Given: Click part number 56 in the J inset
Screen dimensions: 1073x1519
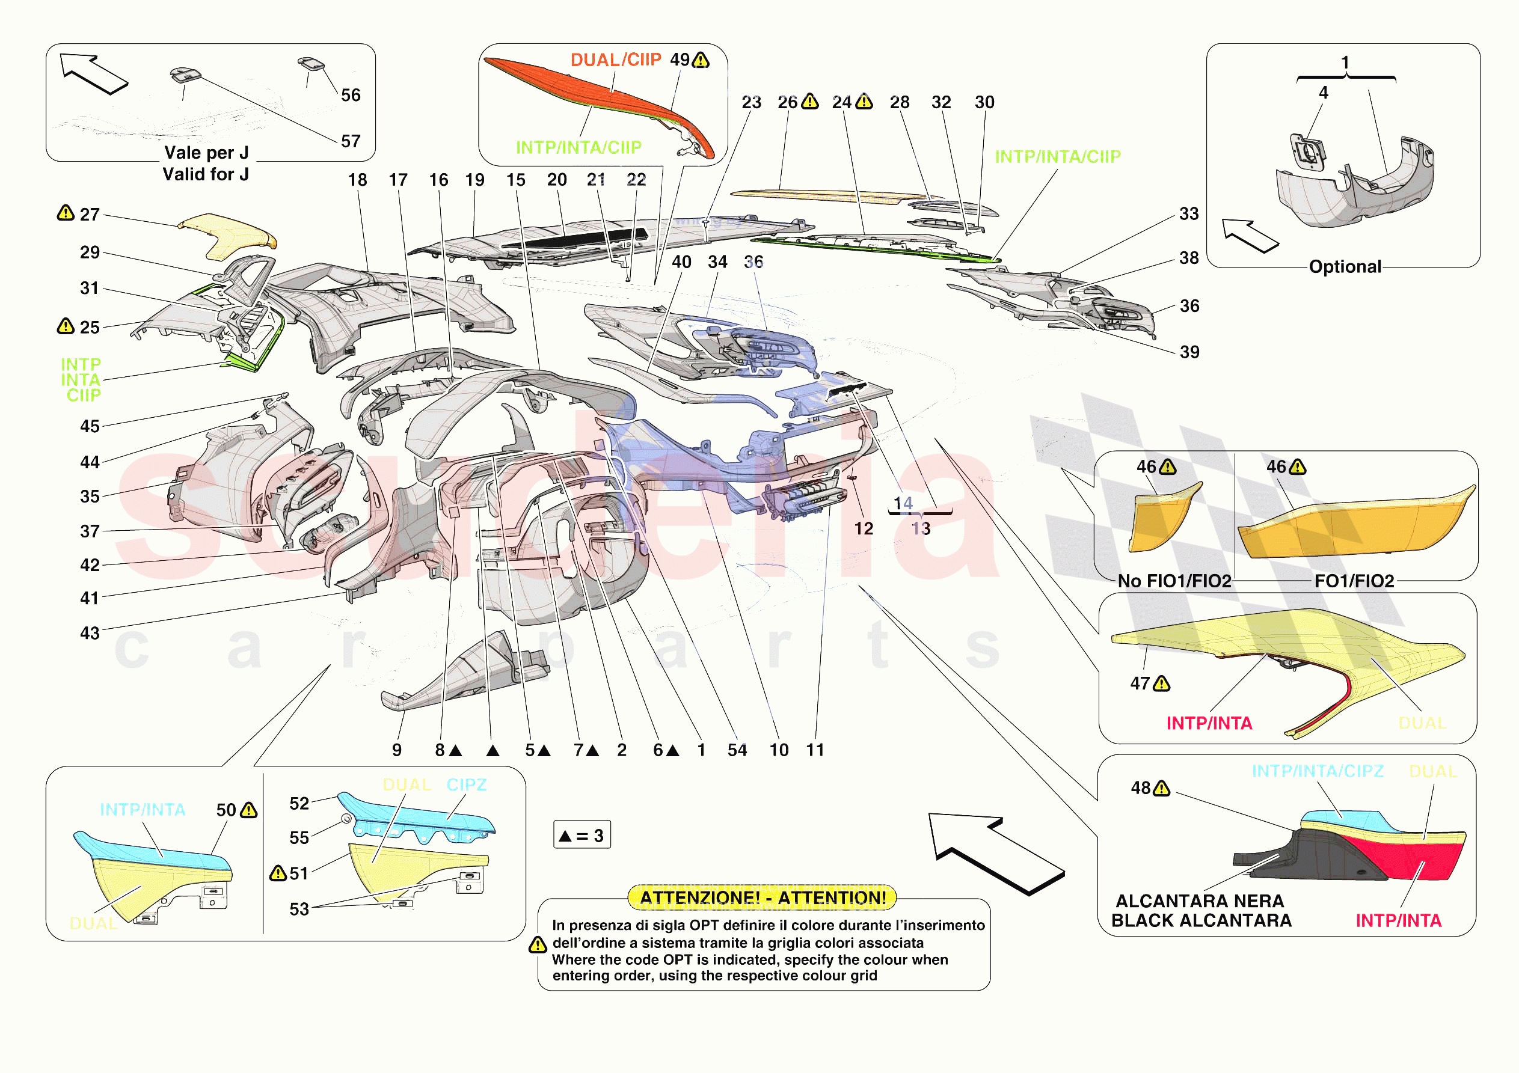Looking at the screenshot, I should [351, 95].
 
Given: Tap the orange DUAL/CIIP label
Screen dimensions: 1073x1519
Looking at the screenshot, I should [615, 60].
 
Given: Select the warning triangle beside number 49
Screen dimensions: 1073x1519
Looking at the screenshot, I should [701, 60].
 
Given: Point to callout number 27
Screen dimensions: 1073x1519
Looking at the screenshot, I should [90, 215].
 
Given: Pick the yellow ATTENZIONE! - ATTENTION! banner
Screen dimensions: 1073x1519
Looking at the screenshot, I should [762, 897].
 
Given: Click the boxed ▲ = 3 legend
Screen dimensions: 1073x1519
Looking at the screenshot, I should [582, 836].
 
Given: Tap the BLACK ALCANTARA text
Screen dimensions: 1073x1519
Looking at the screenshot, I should [1201, 920].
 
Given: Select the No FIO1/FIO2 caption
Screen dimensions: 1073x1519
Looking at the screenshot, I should [1174, 581].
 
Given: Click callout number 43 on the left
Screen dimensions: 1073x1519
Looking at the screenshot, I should [90, 633].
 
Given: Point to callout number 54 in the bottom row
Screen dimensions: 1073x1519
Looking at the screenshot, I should [737, 750].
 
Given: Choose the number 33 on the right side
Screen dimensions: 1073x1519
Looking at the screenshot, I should [1189, 213].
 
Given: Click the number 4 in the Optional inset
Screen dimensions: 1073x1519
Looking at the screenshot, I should [1323, 93].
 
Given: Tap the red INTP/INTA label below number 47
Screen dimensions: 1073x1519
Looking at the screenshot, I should [1209, 723].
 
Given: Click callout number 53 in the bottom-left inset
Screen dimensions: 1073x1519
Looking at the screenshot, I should [299, 909].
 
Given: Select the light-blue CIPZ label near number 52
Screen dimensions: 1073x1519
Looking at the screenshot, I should [467, 784].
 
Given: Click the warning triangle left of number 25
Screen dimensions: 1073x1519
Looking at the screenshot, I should [66, 326].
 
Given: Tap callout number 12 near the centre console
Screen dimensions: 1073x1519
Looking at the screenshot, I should [864, 528].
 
